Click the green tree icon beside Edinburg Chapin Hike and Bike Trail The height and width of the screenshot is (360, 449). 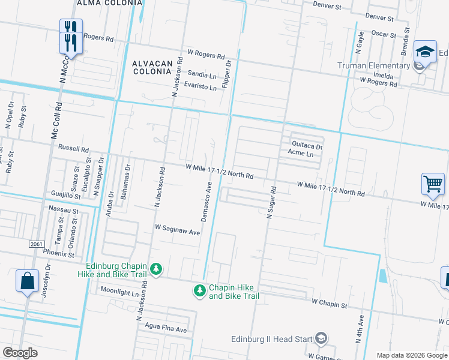pyautogui.click(x=156, y=269)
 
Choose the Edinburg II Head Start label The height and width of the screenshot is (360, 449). pyautogui.click(x=272, y=339)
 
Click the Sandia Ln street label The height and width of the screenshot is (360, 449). pyautogui.click(x=202, y=75)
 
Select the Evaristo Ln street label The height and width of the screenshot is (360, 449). pyautogui.click(x=200, y=87)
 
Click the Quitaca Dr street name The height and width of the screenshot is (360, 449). pyautogui.click(x=307, y=145)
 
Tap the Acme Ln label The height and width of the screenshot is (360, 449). pyautogui.click(x=301, y=154)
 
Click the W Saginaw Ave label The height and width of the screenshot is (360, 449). pyautogui.click(x=177, y=228)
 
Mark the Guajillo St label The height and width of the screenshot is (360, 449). pyautogui.click(x=66, y=195)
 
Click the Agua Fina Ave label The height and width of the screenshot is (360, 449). pyautogui.click(x=166, y=330)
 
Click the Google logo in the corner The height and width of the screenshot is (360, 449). pyautogui.click(x=20, y=353)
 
